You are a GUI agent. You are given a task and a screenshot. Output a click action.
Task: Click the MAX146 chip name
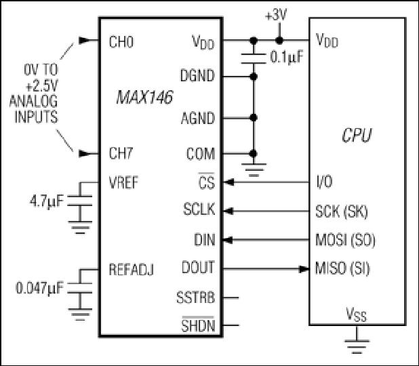coord(144,97)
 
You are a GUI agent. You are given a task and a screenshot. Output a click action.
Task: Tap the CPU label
coord(357,135)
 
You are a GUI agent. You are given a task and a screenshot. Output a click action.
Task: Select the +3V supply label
coord(276,16)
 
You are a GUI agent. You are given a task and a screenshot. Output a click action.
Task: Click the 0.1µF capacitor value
coord(287,57)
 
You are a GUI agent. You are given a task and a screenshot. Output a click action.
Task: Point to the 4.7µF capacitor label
coord(47,201)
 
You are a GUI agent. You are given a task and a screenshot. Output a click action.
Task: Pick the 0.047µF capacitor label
coord(40,288)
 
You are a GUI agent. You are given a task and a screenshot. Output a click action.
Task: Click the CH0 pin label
coord(121,42)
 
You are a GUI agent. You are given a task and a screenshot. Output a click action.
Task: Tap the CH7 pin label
coord(121,153)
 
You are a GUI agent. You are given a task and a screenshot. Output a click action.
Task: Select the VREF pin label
coord(123,182)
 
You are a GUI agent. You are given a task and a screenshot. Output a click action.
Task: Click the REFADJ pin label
coord(132,270)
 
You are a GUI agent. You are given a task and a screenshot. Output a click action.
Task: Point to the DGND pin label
coord(197,76)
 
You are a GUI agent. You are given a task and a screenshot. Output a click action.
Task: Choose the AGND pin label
coord(198,119)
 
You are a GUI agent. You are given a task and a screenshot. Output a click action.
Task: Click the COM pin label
coord(201,154)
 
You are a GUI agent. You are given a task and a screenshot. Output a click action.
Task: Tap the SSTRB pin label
coord(196,298)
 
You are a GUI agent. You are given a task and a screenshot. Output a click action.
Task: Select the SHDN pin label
coord(198,325)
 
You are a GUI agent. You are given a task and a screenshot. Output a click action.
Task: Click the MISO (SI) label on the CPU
coord(342,268)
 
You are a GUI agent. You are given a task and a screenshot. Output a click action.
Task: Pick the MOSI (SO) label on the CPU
coord(345,240)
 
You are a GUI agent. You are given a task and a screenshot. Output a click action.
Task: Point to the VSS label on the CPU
coord(356,314)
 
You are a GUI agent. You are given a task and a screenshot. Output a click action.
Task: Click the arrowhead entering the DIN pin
coord(227,240)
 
